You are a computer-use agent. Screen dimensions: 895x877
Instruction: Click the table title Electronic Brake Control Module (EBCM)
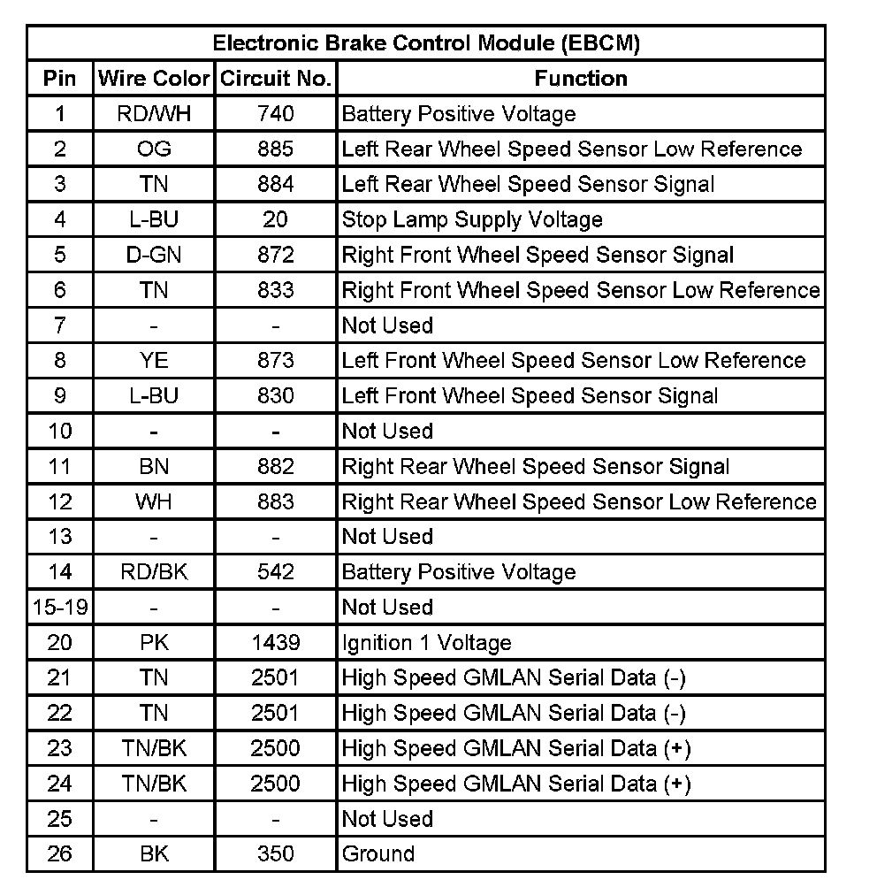426,42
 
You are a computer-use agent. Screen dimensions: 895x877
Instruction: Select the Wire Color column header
154,78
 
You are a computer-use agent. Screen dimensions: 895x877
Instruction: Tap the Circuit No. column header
275,78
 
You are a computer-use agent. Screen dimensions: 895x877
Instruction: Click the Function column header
581,78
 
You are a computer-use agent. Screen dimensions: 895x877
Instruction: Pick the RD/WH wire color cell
154,113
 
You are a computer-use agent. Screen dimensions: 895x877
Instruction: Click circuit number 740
275,113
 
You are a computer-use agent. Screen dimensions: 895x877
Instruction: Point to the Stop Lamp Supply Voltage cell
472,219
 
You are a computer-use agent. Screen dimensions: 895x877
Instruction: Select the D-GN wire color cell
154,255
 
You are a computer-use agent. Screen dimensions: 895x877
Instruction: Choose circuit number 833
275,290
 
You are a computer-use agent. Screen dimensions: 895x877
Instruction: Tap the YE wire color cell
154,360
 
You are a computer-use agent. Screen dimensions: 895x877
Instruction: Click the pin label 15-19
59,607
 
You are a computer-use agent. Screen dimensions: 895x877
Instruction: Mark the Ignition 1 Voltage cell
426,642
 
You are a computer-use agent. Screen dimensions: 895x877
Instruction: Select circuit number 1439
275,642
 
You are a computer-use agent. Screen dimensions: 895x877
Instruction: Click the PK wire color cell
154,642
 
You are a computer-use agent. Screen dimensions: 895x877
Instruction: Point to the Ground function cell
377,853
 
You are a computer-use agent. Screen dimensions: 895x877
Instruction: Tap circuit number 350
275,853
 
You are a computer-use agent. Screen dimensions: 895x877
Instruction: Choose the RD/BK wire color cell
154,571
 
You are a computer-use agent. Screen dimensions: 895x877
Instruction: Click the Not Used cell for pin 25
387,818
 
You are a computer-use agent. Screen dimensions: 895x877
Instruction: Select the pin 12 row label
59,501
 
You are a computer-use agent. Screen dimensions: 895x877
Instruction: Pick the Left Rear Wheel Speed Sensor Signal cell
528,184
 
